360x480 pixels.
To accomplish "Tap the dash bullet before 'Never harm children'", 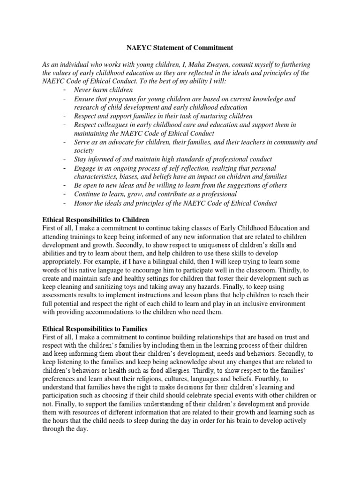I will point(64,90).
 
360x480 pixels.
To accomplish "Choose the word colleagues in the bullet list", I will point(112,125).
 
